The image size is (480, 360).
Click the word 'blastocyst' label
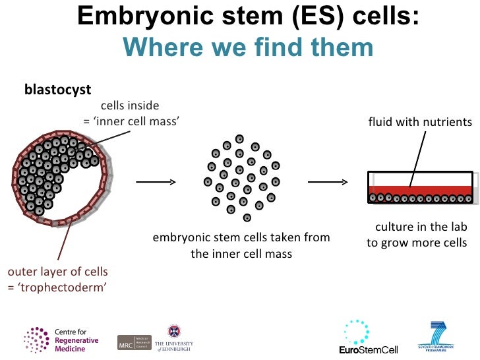click(x=57, y=89)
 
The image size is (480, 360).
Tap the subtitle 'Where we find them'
click(x=248, y=47)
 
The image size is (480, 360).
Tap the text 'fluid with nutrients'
click(x=420, y=122)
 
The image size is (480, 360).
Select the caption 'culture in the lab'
click(x=421, y=227)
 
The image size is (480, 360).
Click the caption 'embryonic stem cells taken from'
click(x=241, y=237)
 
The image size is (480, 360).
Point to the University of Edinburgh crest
click(x=175, y=330)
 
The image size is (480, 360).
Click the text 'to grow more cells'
click(x=417, y=243)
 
